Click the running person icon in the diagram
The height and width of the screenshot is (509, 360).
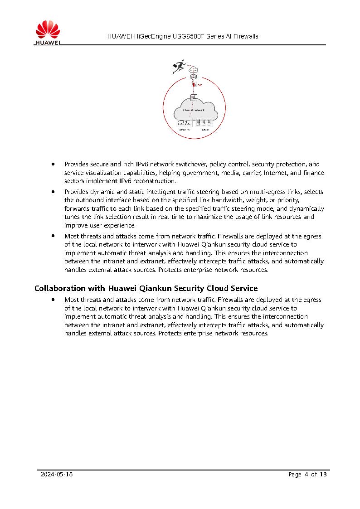click(179, 67)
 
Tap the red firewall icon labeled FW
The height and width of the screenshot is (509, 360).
click(194, 85)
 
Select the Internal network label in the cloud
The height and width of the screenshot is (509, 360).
click(194, 110)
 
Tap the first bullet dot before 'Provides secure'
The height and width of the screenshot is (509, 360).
click(54, 164)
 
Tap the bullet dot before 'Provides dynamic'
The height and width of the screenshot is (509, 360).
click(54, 191)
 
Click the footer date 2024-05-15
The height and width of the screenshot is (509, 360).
click(57, 475)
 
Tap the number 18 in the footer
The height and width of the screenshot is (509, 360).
click(323, 475)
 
